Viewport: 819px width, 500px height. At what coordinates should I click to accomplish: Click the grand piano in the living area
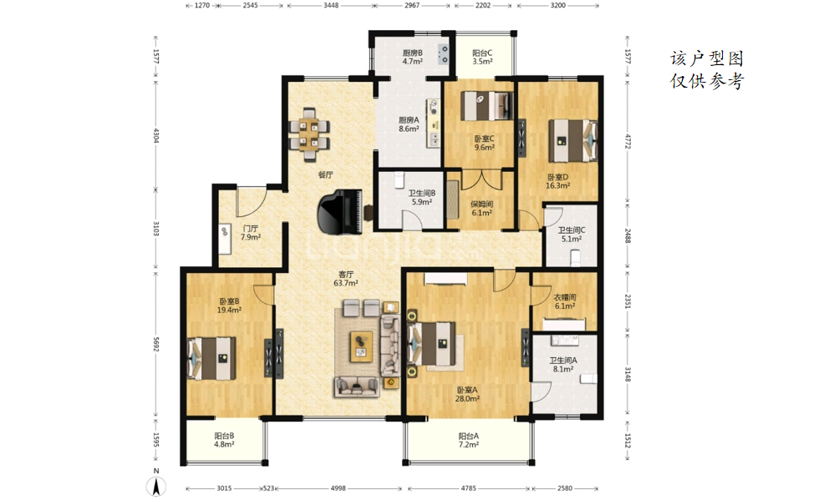tap(341, 212)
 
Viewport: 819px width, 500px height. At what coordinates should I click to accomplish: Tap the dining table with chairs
tap(309, 134)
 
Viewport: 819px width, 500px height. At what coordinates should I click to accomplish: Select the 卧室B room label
tap(229, 301)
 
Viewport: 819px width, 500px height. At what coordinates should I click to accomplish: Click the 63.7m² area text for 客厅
tap(346, 284)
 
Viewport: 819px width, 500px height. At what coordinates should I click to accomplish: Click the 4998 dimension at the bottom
tap(338, 488)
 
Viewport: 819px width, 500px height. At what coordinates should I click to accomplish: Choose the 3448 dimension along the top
tap(331, 5)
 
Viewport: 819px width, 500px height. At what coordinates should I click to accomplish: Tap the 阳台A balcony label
tap(469, 436)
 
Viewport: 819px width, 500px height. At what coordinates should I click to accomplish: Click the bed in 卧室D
tap(572, 140)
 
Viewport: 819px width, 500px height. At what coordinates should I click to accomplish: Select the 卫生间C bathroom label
tap(571, 230)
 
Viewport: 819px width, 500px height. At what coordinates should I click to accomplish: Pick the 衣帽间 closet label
tap(565, 297)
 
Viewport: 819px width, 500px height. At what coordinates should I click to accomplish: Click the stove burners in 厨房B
tap(443, 54)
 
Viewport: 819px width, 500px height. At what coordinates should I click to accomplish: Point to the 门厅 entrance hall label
tap(250, 229)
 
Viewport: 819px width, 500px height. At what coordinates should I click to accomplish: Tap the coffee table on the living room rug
tap(361, 344)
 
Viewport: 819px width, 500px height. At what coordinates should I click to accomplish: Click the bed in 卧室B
tap(211, 357)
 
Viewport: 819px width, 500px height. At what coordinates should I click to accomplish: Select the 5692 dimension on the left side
tap(155, 344)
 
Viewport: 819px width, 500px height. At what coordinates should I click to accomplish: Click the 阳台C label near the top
tap(482, 53)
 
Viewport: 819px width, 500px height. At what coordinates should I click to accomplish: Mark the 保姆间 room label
tap(481, 204)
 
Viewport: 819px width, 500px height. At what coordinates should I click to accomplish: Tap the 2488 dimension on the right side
tap(628, 236)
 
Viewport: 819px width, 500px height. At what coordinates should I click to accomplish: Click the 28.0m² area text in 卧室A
tap(467, 399)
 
